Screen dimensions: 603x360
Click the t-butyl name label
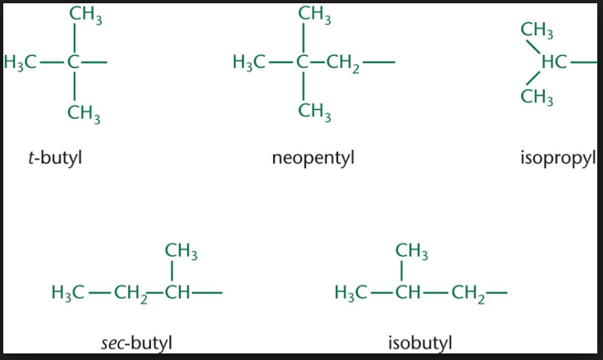(56, 157)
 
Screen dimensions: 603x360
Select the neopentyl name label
(313, 158)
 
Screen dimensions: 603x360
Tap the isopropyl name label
(559, 158)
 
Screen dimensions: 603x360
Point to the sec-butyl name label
(136, 343)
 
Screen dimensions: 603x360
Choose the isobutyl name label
(420, 343)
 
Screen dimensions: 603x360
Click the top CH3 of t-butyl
(86, 15)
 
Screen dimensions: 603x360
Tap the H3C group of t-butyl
(20, 62)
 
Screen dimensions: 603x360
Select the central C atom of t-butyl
(74, 62)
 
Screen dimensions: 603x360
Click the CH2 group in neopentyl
(343, 63)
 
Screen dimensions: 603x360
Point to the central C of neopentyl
(303, 62)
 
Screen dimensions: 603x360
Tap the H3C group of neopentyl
(249, 62)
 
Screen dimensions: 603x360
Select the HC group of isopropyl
(554, 62)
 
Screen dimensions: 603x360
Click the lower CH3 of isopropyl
(537, 97)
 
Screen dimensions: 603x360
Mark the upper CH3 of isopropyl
(537, 30)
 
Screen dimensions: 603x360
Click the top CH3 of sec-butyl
(181, 252)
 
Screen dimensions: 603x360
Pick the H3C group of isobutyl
(350, 293)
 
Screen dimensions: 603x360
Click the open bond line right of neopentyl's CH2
(379, 62)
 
